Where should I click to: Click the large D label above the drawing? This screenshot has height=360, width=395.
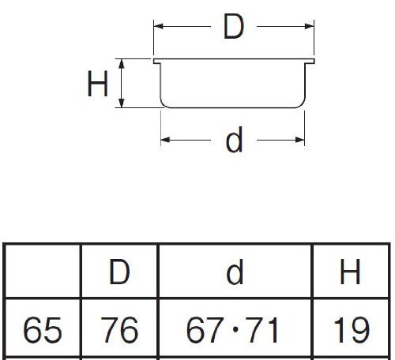coord(234,27)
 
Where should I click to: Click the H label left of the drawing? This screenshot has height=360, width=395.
coord(97,84)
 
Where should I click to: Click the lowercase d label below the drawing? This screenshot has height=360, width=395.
coord(234,140)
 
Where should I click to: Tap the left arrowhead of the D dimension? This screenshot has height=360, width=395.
coord(159,26)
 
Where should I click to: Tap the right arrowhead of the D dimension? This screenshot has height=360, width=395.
coord(309,26)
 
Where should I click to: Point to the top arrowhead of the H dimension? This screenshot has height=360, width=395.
coord(121,64)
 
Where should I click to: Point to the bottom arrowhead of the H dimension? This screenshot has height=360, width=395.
coord(121,103)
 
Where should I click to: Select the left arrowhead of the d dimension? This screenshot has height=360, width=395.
coord(166,140)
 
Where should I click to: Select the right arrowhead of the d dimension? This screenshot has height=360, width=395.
coord(300,140)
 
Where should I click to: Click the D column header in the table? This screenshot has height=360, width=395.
coord(119,272)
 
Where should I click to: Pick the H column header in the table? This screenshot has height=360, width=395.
coord(350,272)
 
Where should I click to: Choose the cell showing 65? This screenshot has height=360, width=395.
coord(42,330)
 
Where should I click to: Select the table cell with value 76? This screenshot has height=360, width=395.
coord(119,330)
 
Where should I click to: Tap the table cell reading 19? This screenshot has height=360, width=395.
coord(351,330)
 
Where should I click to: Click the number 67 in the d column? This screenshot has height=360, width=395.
coord(203,330)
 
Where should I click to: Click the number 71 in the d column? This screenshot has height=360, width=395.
coord(263,330)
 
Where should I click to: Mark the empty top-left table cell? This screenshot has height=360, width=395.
coord(42,271)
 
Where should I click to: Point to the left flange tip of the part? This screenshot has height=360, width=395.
coord(155,61)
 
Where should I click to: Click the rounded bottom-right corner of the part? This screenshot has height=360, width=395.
coord(302,105)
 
